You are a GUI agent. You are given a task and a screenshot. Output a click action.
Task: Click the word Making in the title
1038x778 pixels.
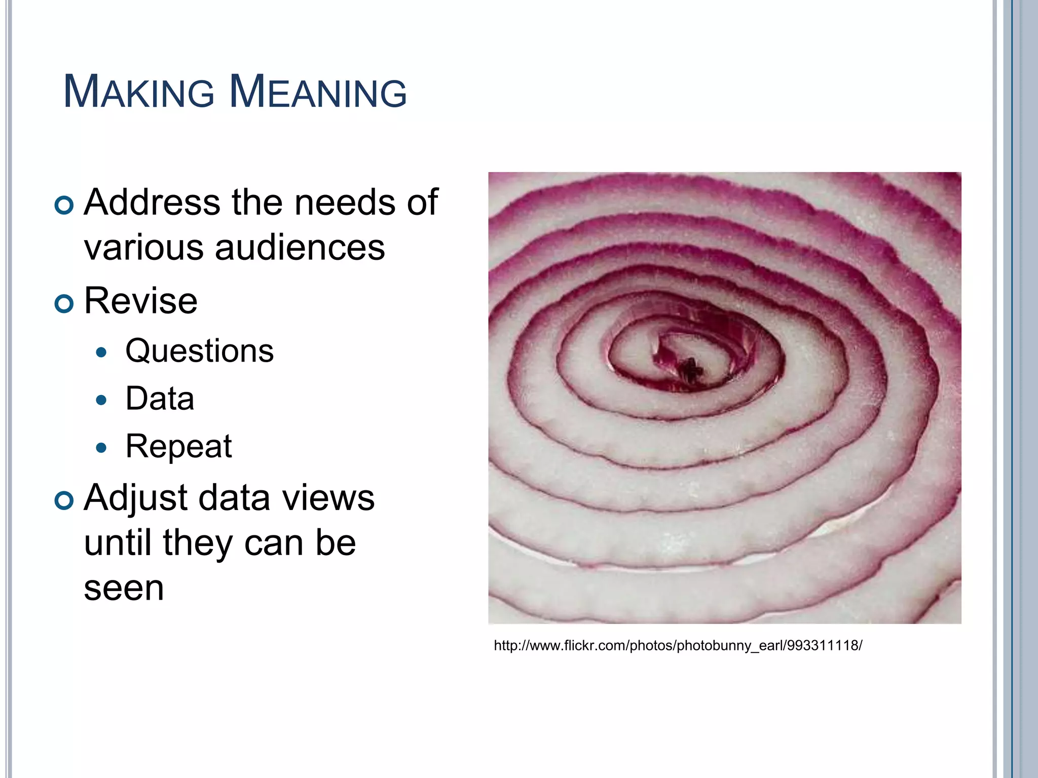(x=139, y=92)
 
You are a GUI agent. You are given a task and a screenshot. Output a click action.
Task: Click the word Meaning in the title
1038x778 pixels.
(x=318, y=92)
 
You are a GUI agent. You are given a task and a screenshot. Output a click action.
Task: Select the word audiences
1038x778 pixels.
(x=300, y=248)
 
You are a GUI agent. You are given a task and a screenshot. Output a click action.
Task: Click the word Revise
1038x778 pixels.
(x=140, y=301)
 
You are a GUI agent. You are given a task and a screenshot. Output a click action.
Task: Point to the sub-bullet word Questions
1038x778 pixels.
(x=199, y=351)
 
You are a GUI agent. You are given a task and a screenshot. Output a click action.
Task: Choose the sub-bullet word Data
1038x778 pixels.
(x=160, y=399)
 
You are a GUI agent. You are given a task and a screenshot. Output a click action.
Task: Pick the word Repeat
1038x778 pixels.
(x=178, y=447)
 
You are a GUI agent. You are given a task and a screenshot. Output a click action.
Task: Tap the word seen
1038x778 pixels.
(x=124, y=589)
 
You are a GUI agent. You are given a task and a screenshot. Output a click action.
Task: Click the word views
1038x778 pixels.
(x=328, y=498)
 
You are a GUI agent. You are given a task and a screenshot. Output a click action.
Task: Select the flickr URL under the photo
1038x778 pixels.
(x=678, y=646)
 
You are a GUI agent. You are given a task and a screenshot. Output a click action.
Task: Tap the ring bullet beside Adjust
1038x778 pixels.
(x=64, y=500)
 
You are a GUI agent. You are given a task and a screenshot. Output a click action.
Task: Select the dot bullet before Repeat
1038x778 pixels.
(x=101, y=448)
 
